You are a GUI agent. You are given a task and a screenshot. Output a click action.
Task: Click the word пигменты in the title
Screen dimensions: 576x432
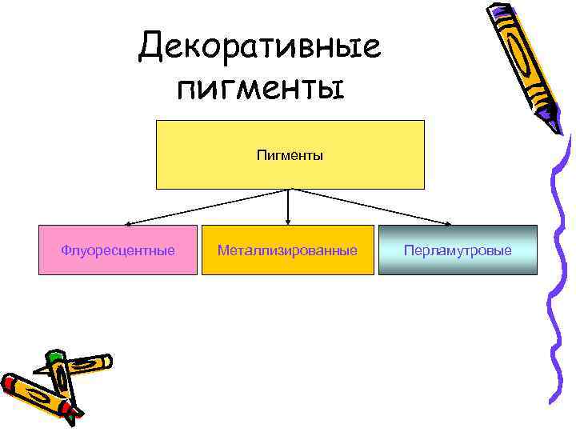259,86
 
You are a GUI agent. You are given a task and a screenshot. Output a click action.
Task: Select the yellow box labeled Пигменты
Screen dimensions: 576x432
290,172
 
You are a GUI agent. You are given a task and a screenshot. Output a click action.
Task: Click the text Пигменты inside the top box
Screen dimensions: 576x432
290,154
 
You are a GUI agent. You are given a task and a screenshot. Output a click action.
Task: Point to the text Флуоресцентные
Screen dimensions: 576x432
118,250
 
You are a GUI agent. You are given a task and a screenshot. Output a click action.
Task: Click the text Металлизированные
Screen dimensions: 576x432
288,250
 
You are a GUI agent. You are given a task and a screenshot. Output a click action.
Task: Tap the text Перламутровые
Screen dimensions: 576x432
458,250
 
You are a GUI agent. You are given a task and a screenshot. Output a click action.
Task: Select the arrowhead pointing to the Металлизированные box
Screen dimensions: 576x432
288,222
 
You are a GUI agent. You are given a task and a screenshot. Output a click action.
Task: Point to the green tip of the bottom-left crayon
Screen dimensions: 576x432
54,355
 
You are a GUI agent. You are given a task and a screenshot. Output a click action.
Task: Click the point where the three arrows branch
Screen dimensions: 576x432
289,190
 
